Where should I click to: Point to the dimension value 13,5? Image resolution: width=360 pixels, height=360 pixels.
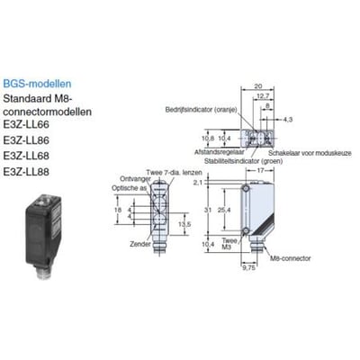184,224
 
